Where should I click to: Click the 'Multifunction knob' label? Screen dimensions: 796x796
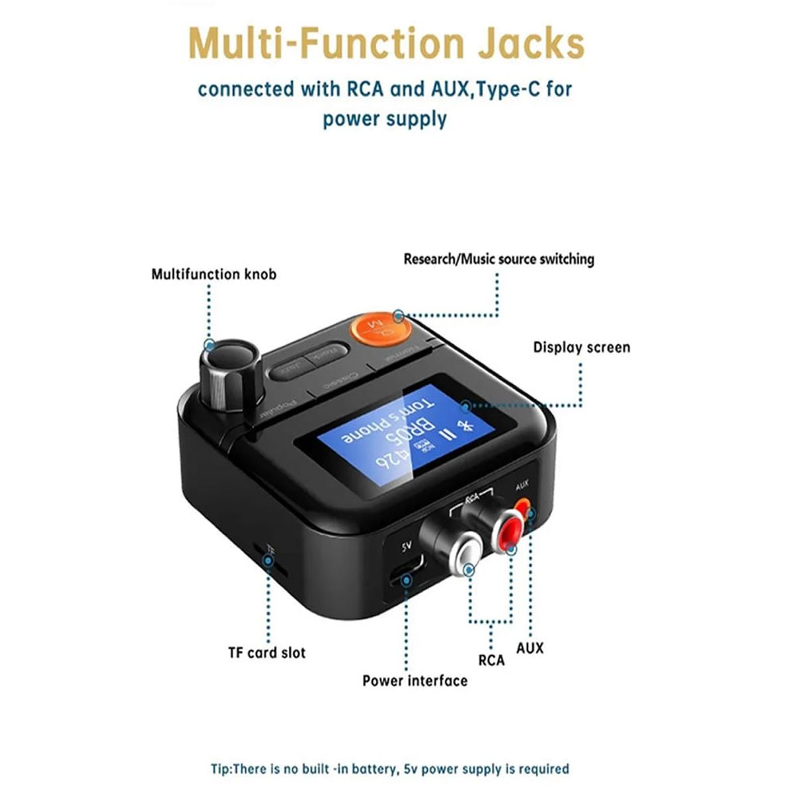tap(214, 274)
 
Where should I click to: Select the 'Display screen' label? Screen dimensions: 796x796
tap(582, 348)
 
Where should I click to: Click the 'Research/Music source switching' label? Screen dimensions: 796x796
tap(499, 259)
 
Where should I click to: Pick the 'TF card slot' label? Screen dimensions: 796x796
tap(267, 653)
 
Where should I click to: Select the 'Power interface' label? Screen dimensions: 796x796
tap(415, 681)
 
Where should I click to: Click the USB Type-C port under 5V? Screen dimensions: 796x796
tap(407, 571)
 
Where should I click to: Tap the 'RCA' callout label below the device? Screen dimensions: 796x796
tap(491, 660)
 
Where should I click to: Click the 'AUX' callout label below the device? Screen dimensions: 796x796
tap(530, 648)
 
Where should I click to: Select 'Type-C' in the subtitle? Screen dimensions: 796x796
tap(507, 89)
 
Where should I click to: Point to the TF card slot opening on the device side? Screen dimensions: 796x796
tap(268, 561)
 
